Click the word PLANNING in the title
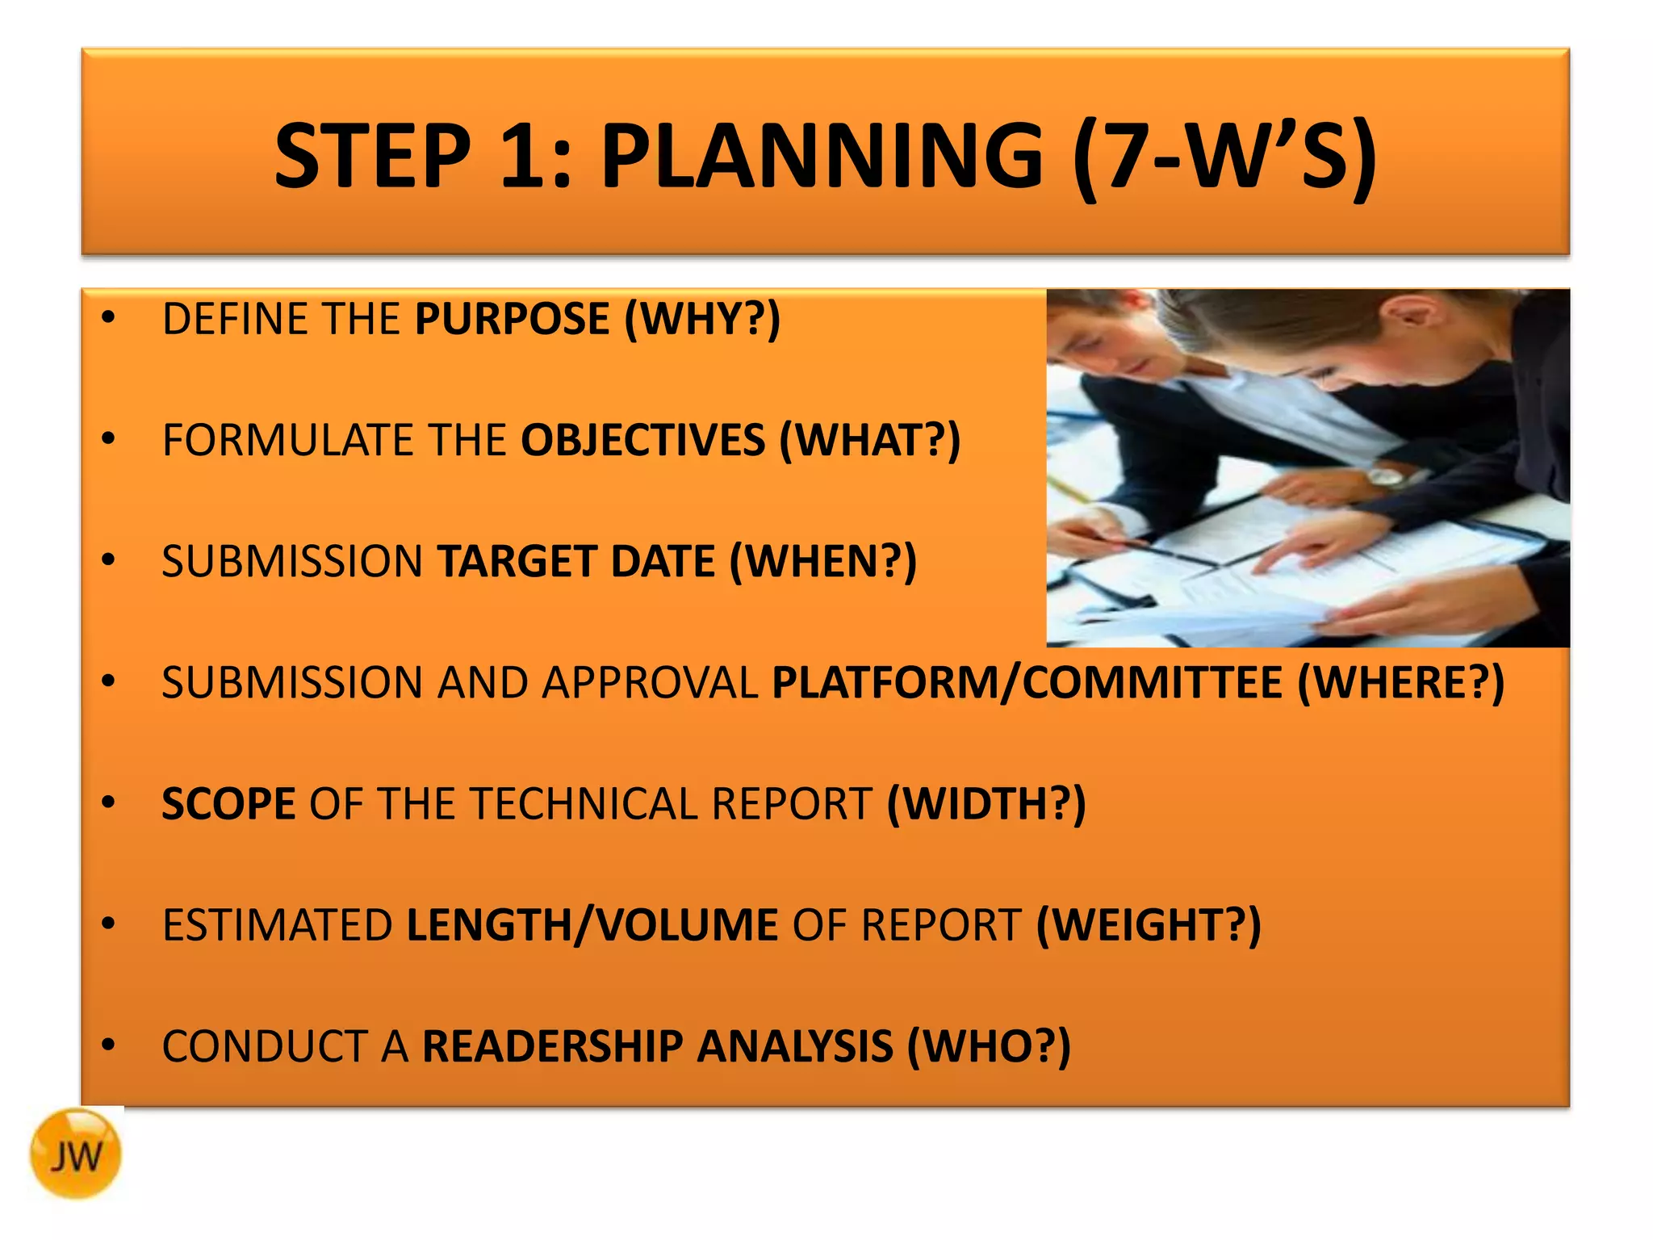[x=822, y=155]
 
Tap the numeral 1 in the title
[x=525, y=155]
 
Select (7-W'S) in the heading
[x=1225, y=155]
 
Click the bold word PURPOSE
[x=512, y=318]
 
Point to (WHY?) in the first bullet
[x=702, y=318]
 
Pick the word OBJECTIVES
[x=642, y=440]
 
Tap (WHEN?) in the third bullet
[x=823, y=561]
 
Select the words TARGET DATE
[x=575, y=561]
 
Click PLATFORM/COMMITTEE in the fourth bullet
[x=1027, y=682]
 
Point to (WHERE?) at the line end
[x=1400, y=682]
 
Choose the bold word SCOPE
[x=228, y=804]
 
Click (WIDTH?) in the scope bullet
[x=986, y=804]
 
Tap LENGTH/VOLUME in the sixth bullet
[x=592, y=925]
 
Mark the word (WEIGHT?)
[x=1148, y=925]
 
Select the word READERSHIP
[x=552, y=1046]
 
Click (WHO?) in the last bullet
[x=989, y=1046]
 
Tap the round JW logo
[x=76, y=1154]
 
